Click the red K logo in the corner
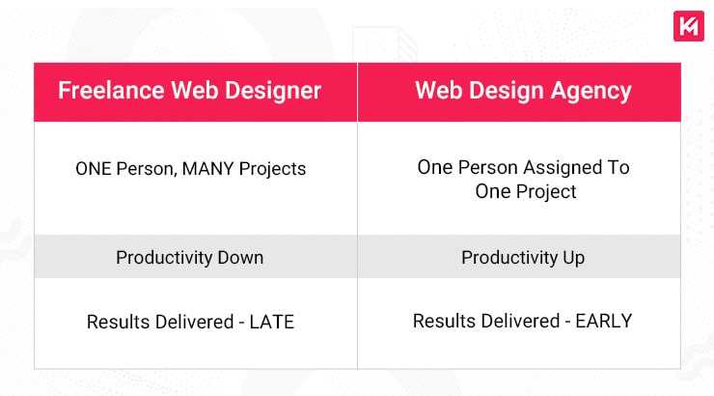tap(688, 26)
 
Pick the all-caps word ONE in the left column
tap(94, 168)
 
